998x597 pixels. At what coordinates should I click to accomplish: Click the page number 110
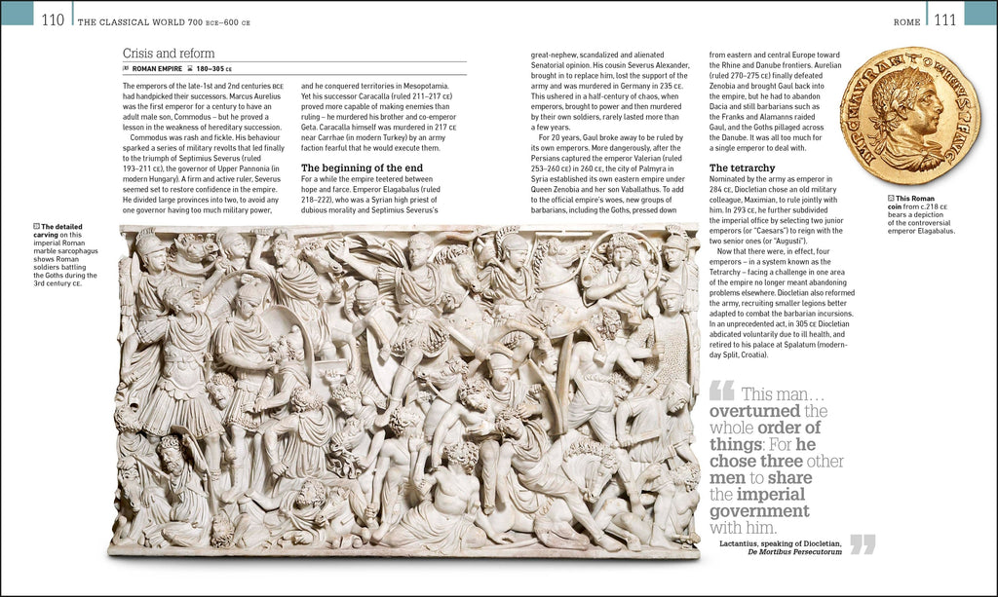(x=53, y=20)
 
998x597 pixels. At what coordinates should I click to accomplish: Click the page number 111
(x=944, y=20)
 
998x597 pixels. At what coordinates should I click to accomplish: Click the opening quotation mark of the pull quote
(x=721, y=392)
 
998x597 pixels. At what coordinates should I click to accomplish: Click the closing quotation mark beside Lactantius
(x=864, y=543)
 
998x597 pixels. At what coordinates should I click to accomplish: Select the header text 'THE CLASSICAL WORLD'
(x=131, y=21)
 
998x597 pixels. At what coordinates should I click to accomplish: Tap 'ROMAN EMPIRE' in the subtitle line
(x=159, y=70)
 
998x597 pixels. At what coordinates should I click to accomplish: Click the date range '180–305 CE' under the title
(x=219, y=70)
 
